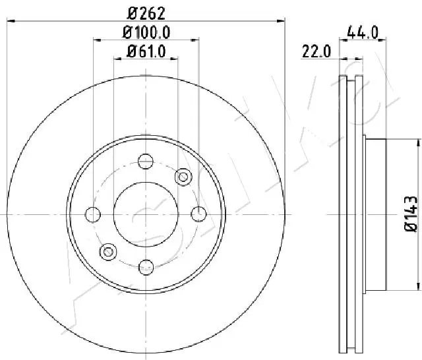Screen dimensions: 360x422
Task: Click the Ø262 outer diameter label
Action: click(146, 12)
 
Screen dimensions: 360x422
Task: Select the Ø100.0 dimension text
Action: click(146, 32)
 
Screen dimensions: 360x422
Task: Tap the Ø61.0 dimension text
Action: click(146, 51)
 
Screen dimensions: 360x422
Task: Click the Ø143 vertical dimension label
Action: click(410, 214)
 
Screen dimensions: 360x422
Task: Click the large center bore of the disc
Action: click(146, 214)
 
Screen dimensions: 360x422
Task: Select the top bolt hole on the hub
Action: click(146, 161)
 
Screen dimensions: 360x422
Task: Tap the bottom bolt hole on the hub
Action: click(146, 266)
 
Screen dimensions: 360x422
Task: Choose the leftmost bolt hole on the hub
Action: click(94, 214)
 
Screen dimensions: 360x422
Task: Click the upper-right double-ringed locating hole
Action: click(183, 176)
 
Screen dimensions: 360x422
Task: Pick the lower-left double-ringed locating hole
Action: click(109, 251)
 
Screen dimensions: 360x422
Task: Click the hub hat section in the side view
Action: click(375, 214)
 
